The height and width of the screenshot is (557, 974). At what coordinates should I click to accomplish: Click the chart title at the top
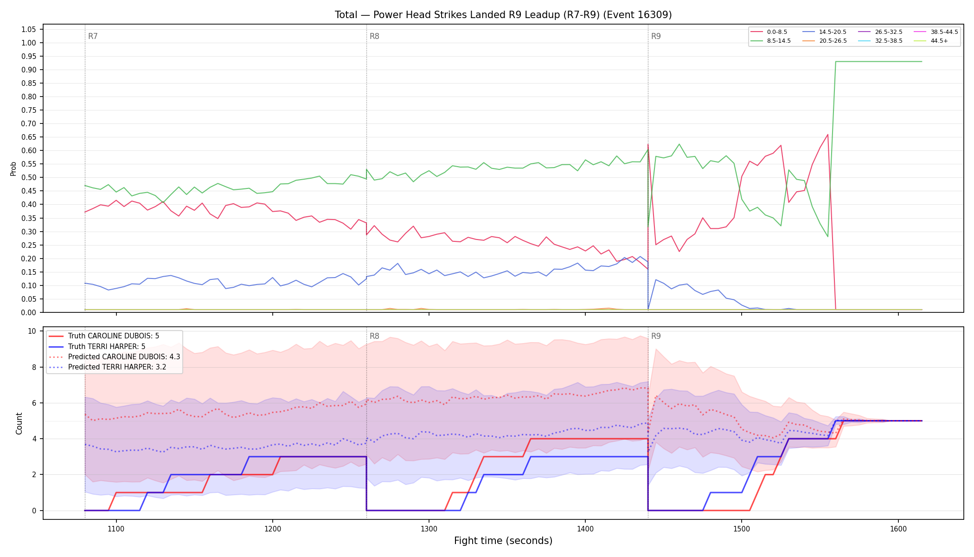click(503, 15)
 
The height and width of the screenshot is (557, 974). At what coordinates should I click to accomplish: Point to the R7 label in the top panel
click(93, 36)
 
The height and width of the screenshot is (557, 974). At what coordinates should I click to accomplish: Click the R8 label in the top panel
click(374, 36)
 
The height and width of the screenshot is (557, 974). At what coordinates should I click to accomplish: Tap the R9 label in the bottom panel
click(656, 336)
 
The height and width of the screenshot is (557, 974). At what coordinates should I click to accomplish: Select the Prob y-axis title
click(13, 168)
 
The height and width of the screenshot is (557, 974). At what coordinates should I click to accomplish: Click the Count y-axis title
click(19, 423)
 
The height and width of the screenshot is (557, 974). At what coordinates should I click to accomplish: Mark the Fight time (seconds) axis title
click(503, 541)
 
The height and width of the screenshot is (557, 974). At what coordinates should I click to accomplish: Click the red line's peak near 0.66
click(827, 135)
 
